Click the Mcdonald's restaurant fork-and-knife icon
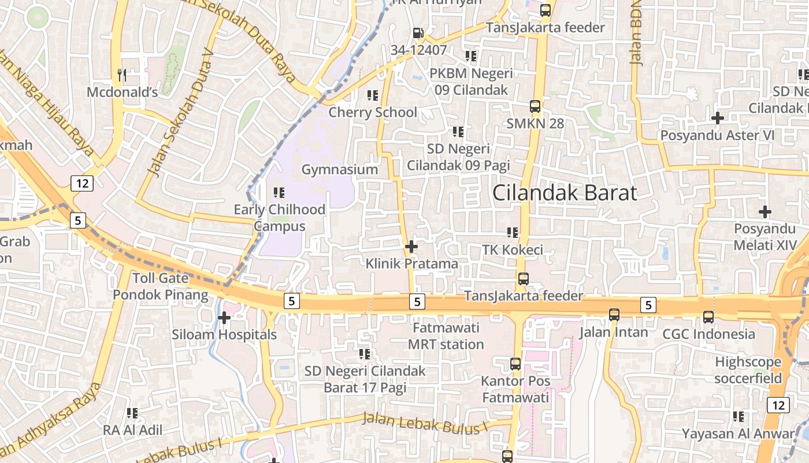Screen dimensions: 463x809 tap(121, 75)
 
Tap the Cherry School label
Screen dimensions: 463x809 tap(372, 112)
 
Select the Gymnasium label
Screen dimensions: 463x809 tap(339, 170)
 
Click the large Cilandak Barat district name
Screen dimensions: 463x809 tap(564, 193)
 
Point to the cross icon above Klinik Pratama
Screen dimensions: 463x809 tap(411, 247)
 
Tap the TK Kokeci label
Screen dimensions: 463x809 tap(513, 250)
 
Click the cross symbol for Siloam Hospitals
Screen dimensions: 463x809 tap(224, 317)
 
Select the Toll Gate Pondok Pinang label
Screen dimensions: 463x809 tap(160, 286)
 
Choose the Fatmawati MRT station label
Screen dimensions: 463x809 tap(446, 336)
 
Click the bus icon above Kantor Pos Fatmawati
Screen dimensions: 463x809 tap(515, 364)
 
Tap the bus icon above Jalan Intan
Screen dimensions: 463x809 tap(614, 315)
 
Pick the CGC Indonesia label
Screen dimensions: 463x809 tap(708, 334)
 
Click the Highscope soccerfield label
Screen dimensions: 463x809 tap(748, 370)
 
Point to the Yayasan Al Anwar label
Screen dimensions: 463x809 tap(738, 433)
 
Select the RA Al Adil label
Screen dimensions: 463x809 tap(132, 430)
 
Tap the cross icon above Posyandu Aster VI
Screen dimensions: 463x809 tap(717, 118)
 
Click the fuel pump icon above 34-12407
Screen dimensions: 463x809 tap(418, 34)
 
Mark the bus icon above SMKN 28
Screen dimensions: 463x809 tap(535, 106)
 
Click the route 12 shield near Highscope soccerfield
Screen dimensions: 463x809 tap(778, 405)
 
